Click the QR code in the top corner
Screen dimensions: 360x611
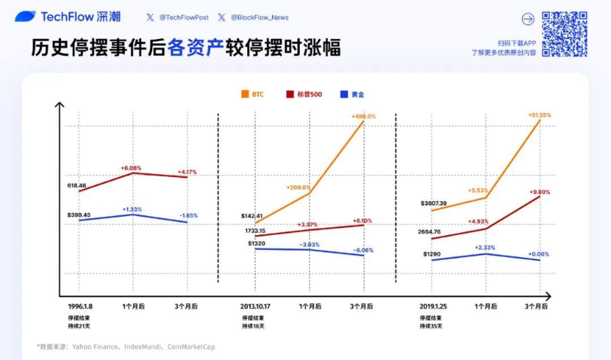pyautogui.click(x=565, y=33)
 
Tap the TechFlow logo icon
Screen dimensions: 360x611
pyautogui.click(x=25, y=16)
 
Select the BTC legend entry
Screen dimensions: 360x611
pyautogui.click(x=252, y=94)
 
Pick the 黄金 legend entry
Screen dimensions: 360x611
pyautogui.click(x=352, y=94)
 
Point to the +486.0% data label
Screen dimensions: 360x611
pyautogui.click(x=363, y=116)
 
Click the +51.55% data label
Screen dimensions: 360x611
pyautogui.click(x=539, y=115)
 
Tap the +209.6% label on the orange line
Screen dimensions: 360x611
pyautogui.click(x=298, y=187)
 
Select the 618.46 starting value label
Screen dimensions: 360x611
pyautogui.click(x=77, y=185)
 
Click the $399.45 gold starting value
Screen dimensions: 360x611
pyautogui.click(x=79, y=214)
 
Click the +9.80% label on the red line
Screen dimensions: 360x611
pyautogui.click(x=539, y=192)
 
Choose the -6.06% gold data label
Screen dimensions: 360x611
pyautogui.click(x=362, y=250)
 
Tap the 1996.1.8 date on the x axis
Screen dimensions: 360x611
pyautogui.click(x=80, y=306)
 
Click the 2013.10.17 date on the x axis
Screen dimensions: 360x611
pyautogui.click(x=256, y=306)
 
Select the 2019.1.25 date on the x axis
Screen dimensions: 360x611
pyautogui.click(x=433, y=306)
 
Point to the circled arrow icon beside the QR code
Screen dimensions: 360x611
pyautogui.click(x=528, y=19)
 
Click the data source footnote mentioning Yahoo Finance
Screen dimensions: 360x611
pyautogui.click(x=125, y=347)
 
